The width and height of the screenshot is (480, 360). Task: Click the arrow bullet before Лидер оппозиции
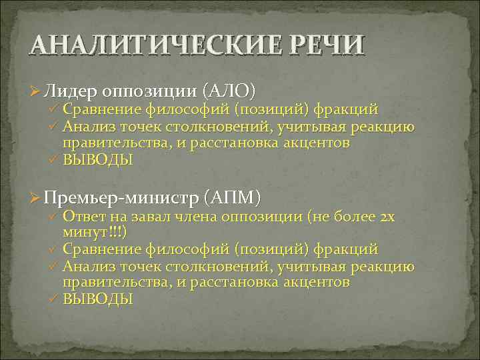point(37,91)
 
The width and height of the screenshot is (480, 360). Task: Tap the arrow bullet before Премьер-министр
point(37,198)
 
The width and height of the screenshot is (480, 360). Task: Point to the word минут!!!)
point(95,231)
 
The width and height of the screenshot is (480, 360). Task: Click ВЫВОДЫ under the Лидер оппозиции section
point(98,160)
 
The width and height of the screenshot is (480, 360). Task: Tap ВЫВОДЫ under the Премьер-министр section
point(98,300)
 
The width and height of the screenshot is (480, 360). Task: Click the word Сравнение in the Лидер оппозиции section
point(102,109)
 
